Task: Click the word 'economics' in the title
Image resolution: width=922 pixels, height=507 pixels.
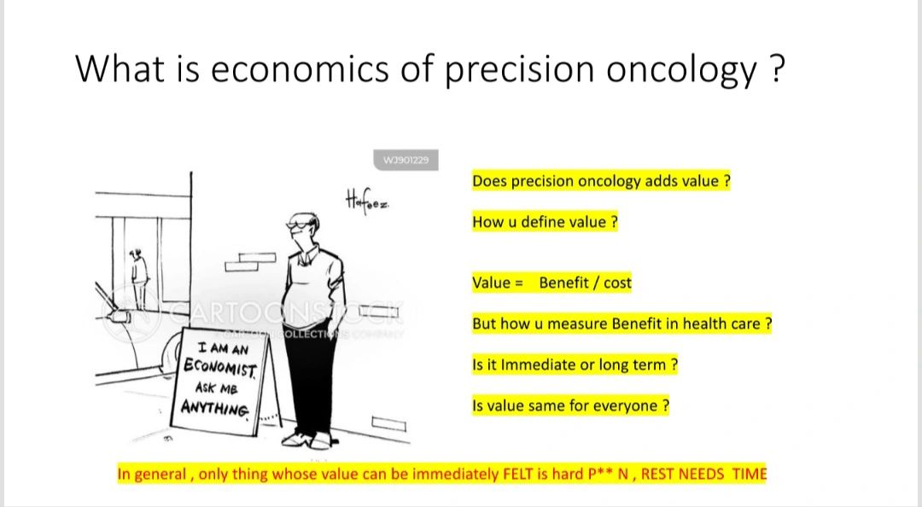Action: pos(300,69)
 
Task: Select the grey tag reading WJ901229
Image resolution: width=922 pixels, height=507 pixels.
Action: pos(406,160)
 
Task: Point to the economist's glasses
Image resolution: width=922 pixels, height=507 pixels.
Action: pos(298,224)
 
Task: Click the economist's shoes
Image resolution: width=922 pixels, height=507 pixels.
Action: pos(308,440)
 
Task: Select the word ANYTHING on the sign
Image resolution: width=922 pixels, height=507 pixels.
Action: pos(214,407)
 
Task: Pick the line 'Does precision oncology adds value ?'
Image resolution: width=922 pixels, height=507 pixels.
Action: pos(601,181)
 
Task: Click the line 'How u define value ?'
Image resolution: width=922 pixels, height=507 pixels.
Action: pos(545,222)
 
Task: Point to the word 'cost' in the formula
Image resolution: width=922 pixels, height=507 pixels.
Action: pos(617,283)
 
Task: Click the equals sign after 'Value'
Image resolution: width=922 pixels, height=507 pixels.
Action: pos(519,283)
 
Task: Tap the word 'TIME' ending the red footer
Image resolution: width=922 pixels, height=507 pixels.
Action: pos(750,474)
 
